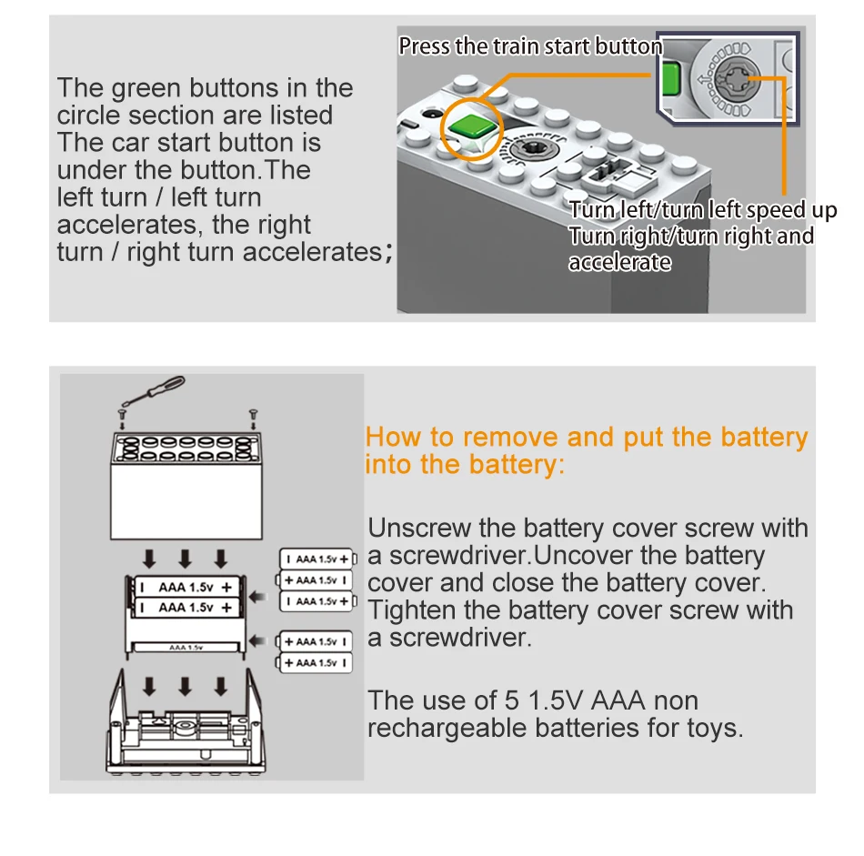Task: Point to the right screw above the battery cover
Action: click(253, 414)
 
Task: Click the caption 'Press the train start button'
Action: click(530, 45)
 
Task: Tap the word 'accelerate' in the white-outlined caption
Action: click(619, 263)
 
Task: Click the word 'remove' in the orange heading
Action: click(510, 438)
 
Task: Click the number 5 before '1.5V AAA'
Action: click(511, 701)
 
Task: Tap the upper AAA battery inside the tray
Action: click(186, 587)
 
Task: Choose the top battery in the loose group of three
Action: click(316, 559)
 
